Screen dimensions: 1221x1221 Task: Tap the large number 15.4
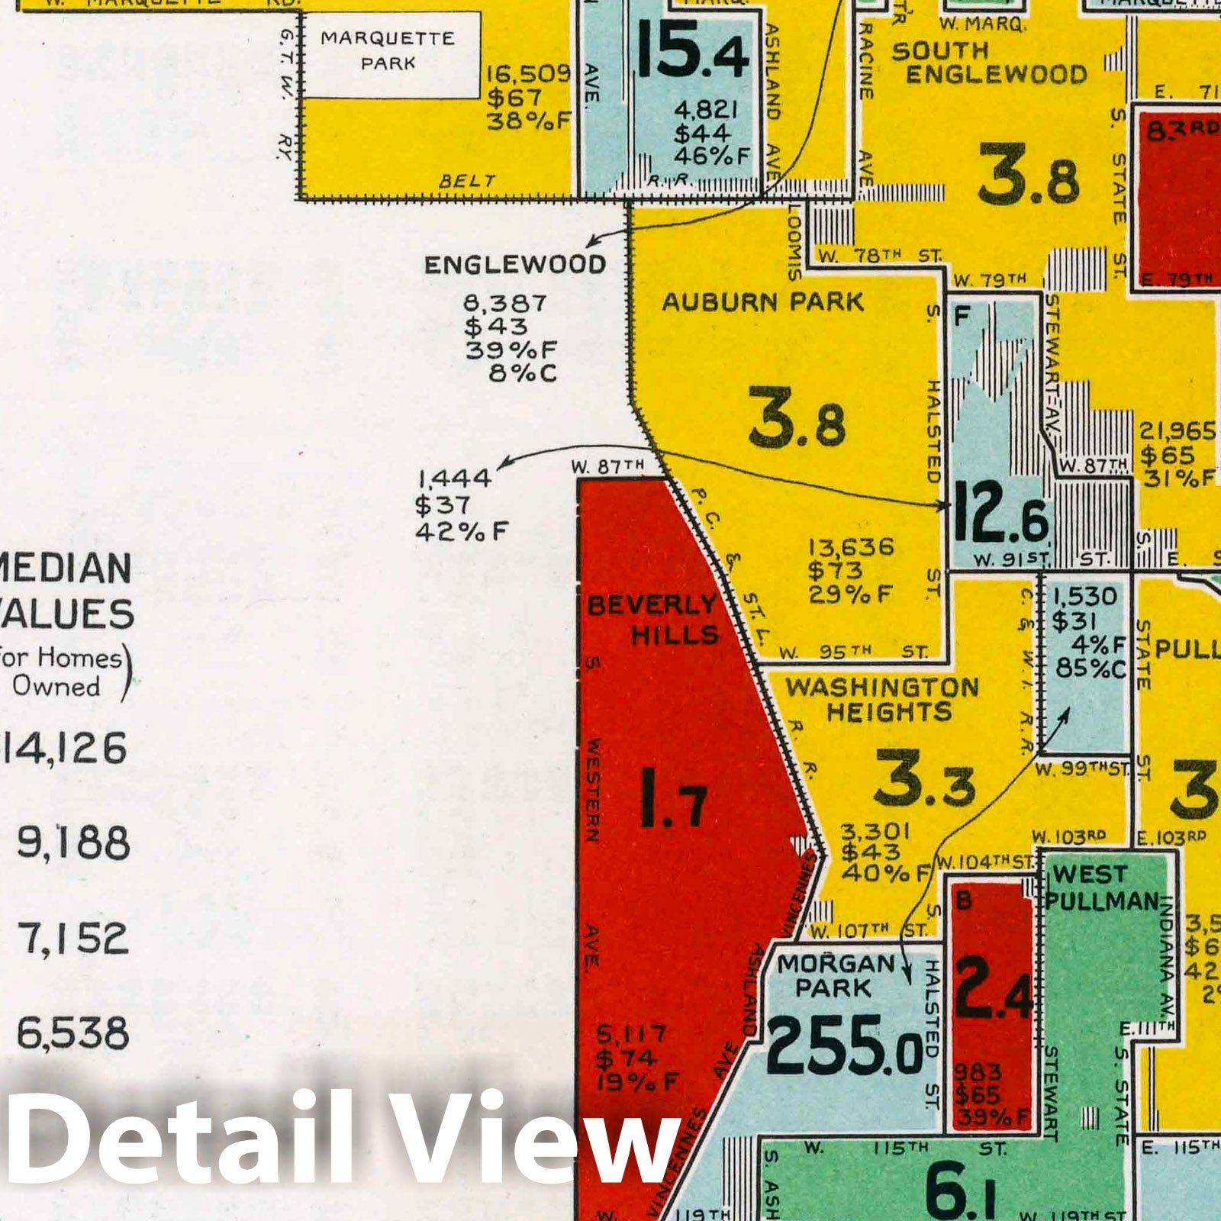tap(692, 50)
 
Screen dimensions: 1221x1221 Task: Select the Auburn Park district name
tap(762, 302)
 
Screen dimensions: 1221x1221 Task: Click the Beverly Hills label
tap(652, 619)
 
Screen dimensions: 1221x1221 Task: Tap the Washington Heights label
tap(883, 699)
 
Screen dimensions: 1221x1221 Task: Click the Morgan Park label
tap(834, 975)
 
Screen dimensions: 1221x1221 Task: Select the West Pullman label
tap(1100, 887)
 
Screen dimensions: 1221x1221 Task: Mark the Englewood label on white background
tap(515, 265)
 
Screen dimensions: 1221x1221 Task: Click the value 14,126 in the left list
tap(65, 749)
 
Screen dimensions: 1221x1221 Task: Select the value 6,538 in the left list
tap(73, 1033)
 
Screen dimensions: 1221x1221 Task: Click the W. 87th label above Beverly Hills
tap(607, 466)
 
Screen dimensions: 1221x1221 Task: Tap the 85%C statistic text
tap(1091, 668)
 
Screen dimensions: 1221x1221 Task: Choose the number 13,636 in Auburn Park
tap(851, 546)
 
